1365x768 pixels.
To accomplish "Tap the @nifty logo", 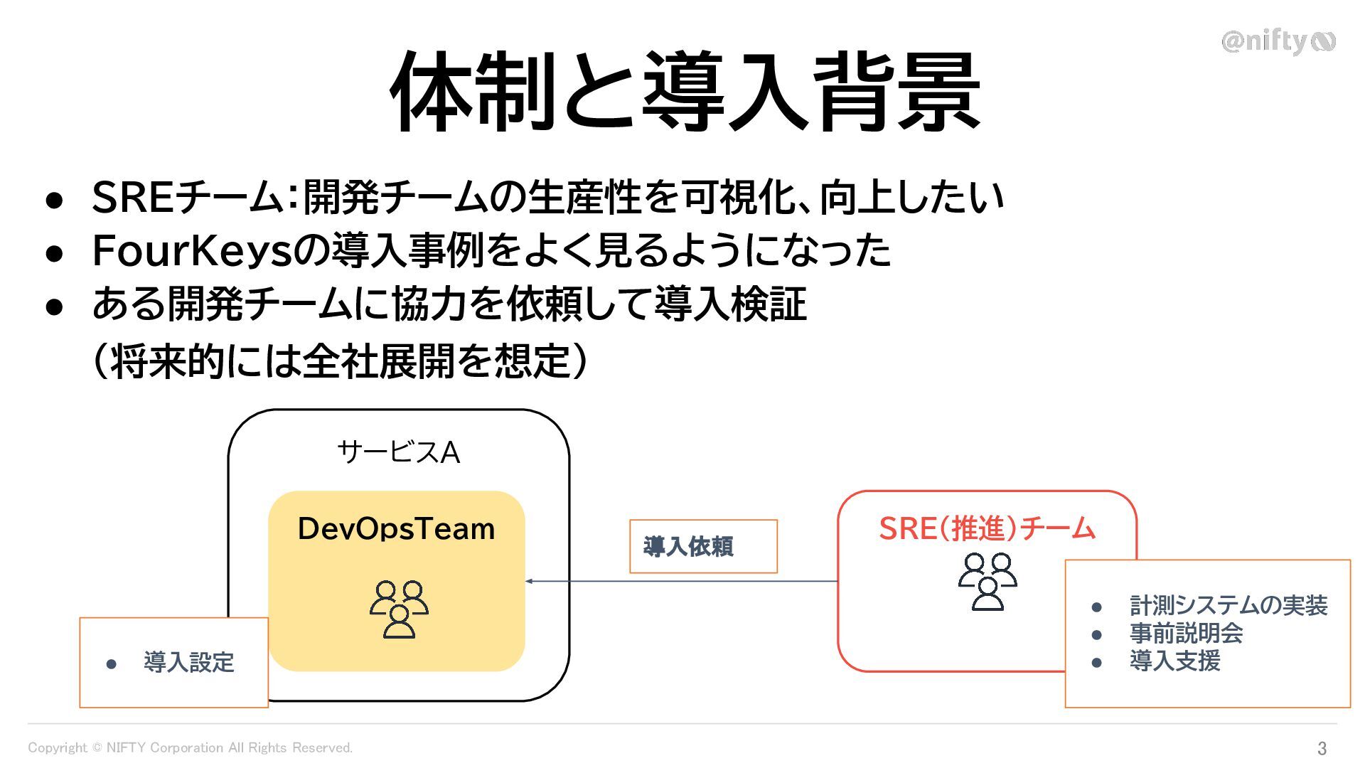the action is (x=1278, y=42).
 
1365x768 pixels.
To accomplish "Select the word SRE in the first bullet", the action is (x=133, y=198).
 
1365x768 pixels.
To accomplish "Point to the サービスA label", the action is (x=398, y=452).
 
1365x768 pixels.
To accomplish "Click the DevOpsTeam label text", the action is (x=396, y=529).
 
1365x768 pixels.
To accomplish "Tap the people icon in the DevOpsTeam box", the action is (x=399, y=609).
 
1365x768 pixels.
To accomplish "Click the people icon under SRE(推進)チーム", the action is (x=987, y=582).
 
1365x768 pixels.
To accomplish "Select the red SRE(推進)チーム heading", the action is (x=987, y=528).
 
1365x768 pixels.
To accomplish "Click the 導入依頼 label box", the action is (x=703, y=546).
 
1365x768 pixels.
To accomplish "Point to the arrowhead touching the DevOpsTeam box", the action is (x=529, y=582).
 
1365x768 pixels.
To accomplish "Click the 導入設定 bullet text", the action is (x=188, y=663).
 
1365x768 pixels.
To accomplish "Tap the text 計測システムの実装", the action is (x=1228, y=606).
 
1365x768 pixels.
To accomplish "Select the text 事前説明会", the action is (x=1186, y=634).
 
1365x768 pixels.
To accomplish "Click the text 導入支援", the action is (x=1174, y=661).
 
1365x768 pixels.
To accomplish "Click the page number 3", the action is (x=1322, y=748).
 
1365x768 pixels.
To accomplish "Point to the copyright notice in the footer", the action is (x=190, y=748).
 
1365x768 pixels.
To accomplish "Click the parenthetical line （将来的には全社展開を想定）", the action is (x=340, y=361).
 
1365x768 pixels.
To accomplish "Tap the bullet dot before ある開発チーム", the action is (x=55, y=306).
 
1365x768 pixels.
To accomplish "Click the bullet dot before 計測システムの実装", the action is (x=1096, y=607).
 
